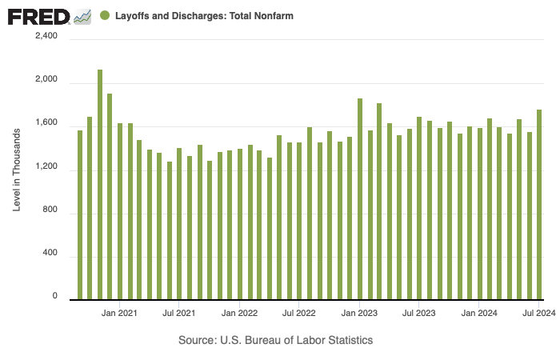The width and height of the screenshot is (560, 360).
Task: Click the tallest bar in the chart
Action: click(100, 184)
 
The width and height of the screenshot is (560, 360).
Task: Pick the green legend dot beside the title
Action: click(105, 16)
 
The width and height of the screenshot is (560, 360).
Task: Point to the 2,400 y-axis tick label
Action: click(44, 36)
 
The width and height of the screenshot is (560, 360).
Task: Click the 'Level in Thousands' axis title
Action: click(17, 166)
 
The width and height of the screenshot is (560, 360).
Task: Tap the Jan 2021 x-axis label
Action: click(120, 313)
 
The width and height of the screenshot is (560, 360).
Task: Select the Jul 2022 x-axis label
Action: click(298, 313)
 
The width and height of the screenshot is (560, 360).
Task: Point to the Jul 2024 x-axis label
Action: click(538, 313)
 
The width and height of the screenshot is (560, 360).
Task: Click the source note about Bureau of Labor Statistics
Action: click(276, 340)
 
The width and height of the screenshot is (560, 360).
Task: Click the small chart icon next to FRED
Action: click(82, 16)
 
